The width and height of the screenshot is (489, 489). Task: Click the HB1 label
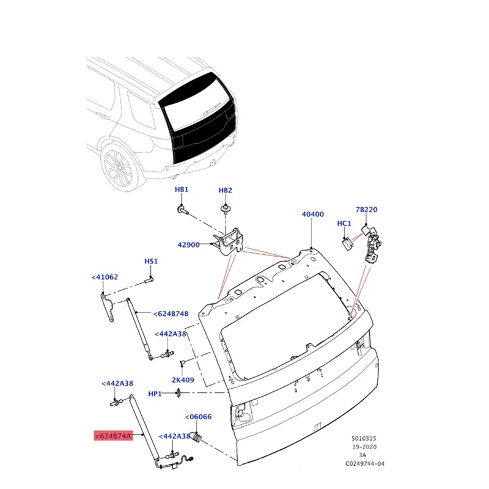[x=182, y=190]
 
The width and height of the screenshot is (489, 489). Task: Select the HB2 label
[x=226, y=190]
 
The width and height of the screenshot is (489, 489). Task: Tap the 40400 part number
[x=312, y=215]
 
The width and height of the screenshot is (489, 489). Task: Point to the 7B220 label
[x=367, y=210]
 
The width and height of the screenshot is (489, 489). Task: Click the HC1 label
[x=344, y=224]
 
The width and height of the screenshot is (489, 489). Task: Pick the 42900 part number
[x=188, y=244]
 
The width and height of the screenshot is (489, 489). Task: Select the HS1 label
[x=151, y=262]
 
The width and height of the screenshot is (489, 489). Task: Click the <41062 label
[x=105, y=277]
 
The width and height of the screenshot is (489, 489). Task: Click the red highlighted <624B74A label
[x=112, y=436]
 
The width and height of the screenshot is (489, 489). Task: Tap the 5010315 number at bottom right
[x=364, y=438]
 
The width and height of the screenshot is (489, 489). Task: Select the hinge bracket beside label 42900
[x=227, y=241]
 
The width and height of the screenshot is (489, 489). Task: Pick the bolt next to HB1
[x=183, y=210]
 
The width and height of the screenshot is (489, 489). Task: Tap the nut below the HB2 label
[x=226, y=210]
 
